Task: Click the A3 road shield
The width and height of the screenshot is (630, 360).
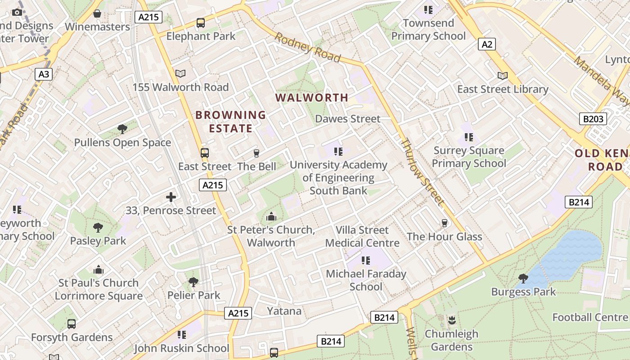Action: (44, 74)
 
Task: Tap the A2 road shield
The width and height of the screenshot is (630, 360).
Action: (487, 44)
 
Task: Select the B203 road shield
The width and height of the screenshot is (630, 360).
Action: (593, 119)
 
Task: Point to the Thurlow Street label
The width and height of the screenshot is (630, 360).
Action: (423, 172)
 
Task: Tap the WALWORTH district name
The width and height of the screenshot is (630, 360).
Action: (312, 98)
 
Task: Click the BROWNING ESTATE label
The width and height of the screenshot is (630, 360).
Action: (230, 121)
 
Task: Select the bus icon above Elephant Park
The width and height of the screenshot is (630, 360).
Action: (201, 22)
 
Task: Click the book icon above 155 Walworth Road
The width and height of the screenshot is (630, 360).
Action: (180, 73)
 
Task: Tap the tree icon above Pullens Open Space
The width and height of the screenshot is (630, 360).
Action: (122, 129)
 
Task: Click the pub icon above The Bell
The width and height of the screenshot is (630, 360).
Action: (256, 153)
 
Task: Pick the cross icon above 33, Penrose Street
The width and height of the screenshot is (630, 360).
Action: (171, 197)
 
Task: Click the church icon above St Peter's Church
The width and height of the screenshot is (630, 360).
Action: (271, 217)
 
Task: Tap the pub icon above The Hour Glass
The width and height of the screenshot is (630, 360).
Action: (445, 223)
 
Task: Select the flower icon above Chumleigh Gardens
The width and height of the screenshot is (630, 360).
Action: (451, 320)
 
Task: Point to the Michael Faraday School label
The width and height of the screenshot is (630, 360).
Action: (366, 280)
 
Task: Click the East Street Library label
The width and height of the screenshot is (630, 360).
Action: (503, 89)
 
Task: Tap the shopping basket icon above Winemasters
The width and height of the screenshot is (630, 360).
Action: (97, 13)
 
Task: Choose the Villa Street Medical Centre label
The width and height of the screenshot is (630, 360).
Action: (362, 237)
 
